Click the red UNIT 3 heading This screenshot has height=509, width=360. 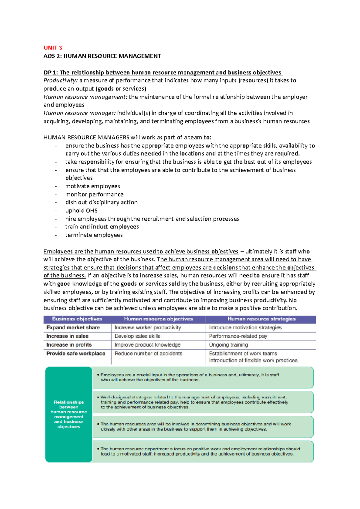tap(53, 48)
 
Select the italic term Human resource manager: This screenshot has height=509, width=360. tap(79, 113)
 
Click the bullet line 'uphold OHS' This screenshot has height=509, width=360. tap(81, 210)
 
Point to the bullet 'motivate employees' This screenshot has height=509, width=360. tap(93, 186)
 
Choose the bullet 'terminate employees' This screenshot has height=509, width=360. tap(94, 235)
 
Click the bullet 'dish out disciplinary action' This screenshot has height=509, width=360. tap(101, 202)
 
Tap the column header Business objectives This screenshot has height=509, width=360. tap(77, 319)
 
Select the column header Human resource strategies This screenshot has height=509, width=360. tap(261, 319)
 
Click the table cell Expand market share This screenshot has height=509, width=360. tap(73, 328)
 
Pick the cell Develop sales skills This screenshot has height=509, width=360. tap(137, 336)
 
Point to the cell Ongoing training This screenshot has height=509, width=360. tap(228, 345)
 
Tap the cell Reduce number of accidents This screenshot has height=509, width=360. tap(148, 353)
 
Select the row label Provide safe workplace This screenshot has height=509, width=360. tap(76, 353)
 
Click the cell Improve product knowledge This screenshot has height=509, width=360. tap(147, 345)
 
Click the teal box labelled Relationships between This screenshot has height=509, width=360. tap(69, 414)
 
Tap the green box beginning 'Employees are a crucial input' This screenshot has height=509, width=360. tap(203, 377)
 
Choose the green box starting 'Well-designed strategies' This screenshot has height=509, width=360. tap(203, 402)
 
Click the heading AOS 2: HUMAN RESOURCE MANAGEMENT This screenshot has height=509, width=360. tap(102, 56)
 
